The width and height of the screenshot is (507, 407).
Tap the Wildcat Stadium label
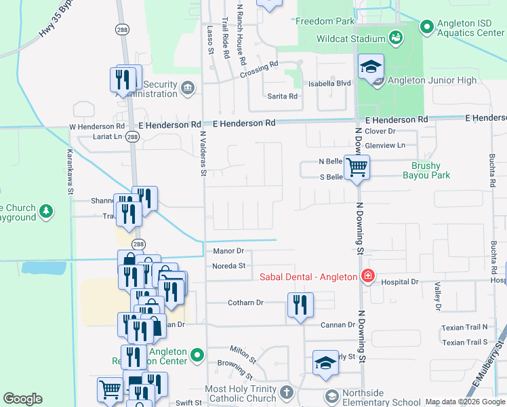tap(350, 39)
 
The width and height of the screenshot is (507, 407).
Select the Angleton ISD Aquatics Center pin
tap(427, 27)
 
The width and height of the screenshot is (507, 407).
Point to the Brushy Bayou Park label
tap(426, 170)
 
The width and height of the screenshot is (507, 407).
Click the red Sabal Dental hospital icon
tap(367, 276)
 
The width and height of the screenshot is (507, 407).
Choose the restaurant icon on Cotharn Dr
tap(300, 305)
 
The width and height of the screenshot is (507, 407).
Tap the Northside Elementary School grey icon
tap(331, 395)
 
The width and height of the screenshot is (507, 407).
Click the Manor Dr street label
tap(228, 251)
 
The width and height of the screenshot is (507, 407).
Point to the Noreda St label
tap(229, 266)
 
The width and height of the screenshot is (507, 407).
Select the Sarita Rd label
tap(283, 96)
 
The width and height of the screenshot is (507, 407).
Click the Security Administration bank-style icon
tap(188, 87)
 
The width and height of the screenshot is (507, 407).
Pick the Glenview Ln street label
tap(384, 145)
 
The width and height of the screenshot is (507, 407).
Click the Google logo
tap(23, 399)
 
